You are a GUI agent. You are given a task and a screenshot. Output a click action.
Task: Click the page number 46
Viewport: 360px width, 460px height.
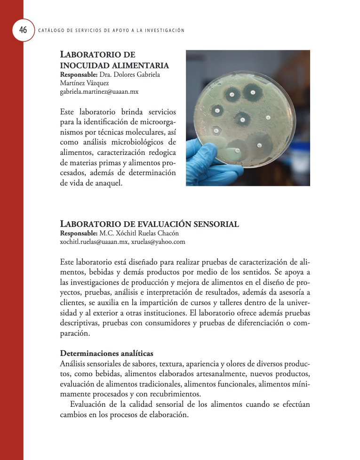(x=23, y=30)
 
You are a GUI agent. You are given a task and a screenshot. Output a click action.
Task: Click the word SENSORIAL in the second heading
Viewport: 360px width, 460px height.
(x=212, y=224)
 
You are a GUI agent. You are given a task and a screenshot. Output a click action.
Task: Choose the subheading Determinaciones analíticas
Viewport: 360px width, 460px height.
(x=107, y=354)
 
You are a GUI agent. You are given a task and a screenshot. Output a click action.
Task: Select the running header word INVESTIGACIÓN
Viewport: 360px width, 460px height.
(x=164, y=31)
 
